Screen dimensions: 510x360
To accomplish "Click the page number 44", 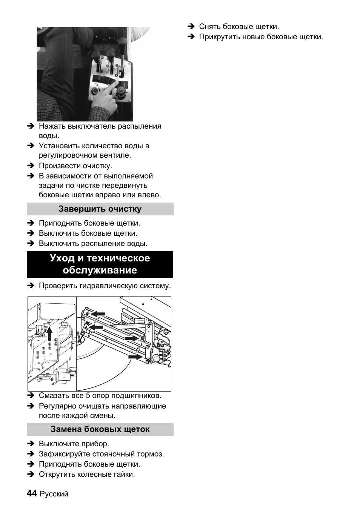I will [32, 493].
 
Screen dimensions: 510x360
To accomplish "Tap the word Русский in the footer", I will [54, 494].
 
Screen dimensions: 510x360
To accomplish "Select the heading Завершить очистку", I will [100, 209].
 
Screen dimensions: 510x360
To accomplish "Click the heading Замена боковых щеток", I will [100, 429].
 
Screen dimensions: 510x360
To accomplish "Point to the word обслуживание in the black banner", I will [100, 270].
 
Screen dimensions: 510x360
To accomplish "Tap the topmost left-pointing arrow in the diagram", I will [98, 313].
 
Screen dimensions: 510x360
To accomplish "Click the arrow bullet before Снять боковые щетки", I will [191, 27].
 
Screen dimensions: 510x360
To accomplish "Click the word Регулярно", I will [57, 406].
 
